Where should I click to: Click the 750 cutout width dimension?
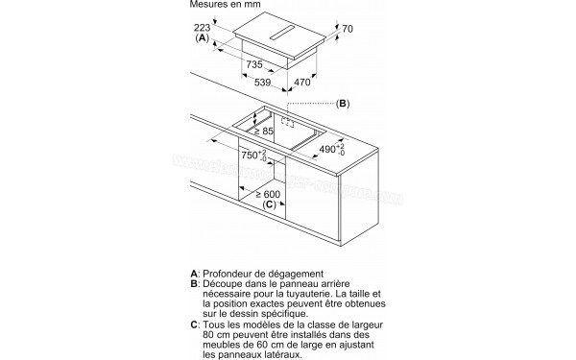pyautogui.click(x=252, y=157)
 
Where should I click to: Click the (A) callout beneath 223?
pyautogui.click(x=203, y=39)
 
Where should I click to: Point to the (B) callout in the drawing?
pyautogui.click(x=342, y=103)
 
